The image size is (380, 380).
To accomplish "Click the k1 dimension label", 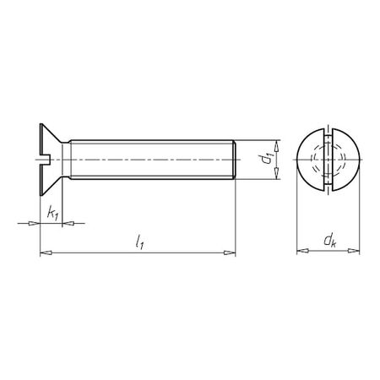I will [x=53, y=213].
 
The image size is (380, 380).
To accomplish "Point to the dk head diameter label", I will [x=328, y=242].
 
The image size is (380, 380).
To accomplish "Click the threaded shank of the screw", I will [x=152, y=157].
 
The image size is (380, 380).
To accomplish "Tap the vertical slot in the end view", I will [x=328, y=157].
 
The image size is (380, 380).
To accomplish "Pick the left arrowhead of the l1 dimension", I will [x=45, y=252].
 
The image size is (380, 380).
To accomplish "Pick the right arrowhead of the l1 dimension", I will [x=231, y=252].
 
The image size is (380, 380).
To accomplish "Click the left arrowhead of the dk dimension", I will [x=301, y=251].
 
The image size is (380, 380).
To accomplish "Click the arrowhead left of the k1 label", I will [x=35, y=223].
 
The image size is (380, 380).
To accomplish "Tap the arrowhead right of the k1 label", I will [x=69, y=223].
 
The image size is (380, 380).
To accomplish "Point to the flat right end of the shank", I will [x=235, y=157].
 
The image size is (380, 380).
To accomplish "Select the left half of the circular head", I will [x=310, y=157].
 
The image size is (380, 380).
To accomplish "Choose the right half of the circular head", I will [x=346, y=157].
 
